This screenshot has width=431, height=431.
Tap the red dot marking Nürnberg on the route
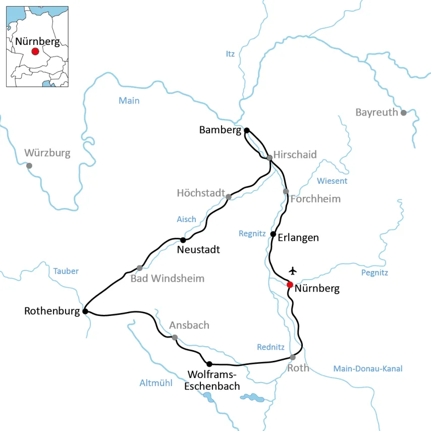pyautogui.click(x=290, y=285)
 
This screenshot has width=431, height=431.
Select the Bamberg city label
pyautogui.click(x=220, y=130)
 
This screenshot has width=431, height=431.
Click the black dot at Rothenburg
pyautogui.click(x=85, y=311)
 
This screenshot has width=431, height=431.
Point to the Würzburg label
pyautogui.click(x=47, y=153)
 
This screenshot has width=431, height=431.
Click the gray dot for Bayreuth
pyautogui.click(x=403, y=113)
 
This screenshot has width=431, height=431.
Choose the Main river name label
pyautogui.click(x=129, y=101)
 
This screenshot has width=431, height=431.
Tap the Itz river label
pyautogui.click(x=230, y=54)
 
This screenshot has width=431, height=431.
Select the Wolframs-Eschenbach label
pyautogui.click(x=212, y=380)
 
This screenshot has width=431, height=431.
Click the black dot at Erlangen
pyautogui.click(x=273, y=234)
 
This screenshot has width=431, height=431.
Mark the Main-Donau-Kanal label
pyautogui.click(x=368, y=369)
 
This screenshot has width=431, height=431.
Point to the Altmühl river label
pyautogui.click(x=156, y=383)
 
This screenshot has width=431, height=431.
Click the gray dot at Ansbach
pyautogui.click(x=175, y=337)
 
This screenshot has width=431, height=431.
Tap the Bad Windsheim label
pyautogui.click(x=168, y=279)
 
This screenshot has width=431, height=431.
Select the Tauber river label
pyautogui.click(x=66, y=271)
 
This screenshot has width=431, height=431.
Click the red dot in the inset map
pyautogui.click(x=35, y=51)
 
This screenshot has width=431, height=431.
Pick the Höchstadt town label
pyautogui.click(x=201, y=193)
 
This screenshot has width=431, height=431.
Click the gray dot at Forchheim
pyautogui.click(x=286, y=191)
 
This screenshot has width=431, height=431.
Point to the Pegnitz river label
pyautogui.click(x=374, y=273)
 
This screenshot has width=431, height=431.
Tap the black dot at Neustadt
pyautogui.click(x=183, y=240)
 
